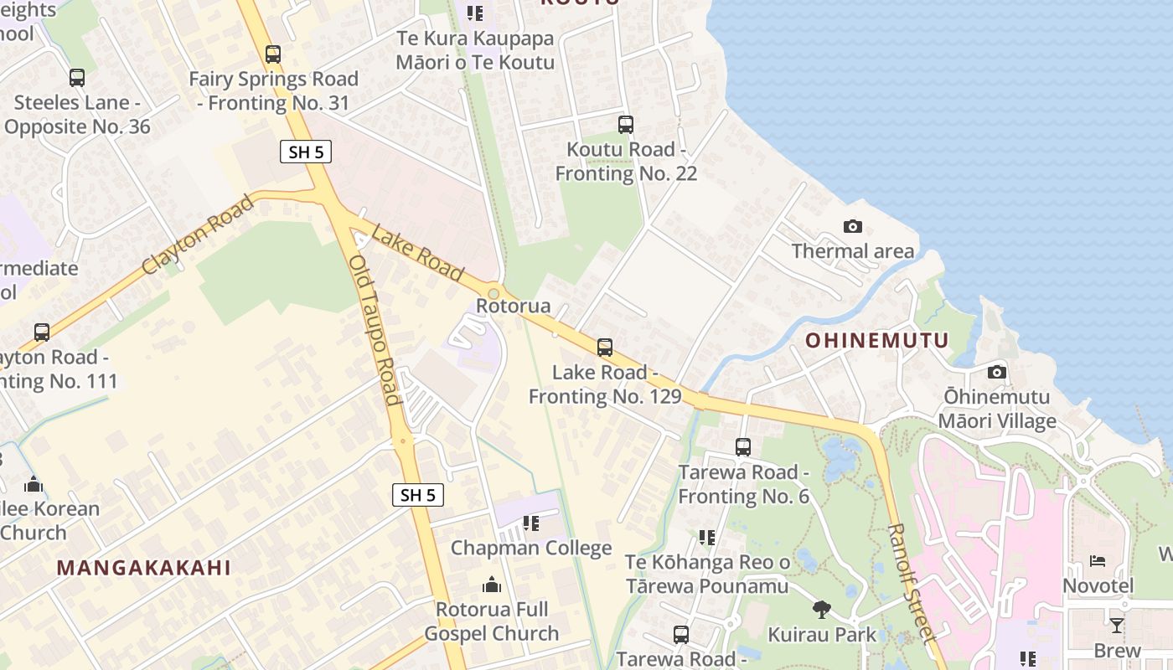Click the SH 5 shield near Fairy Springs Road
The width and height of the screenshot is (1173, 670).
306,152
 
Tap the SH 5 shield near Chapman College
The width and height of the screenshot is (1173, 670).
417,495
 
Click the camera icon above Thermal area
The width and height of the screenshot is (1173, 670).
853,226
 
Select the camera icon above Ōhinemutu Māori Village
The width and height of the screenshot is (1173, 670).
996,372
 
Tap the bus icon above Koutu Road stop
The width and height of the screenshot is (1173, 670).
625,125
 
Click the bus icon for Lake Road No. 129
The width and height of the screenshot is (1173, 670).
604,347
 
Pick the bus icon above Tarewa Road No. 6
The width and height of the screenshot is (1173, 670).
742,447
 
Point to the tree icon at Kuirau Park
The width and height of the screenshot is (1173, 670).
821,610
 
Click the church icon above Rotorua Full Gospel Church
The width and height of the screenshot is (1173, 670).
492,584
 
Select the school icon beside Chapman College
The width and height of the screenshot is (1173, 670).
531,523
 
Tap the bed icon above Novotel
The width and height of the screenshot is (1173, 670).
1098,560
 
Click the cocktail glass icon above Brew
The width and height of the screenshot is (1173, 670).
1117,625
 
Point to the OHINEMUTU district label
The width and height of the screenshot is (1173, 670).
877,340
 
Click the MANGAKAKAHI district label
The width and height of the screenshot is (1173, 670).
143,567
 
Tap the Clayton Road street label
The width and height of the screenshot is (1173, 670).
198,234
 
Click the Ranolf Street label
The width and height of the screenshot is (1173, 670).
911,583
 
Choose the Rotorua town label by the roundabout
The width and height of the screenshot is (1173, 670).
513,306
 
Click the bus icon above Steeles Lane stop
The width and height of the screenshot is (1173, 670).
77,78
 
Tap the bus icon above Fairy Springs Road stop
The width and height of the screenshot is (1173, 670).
273,54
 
